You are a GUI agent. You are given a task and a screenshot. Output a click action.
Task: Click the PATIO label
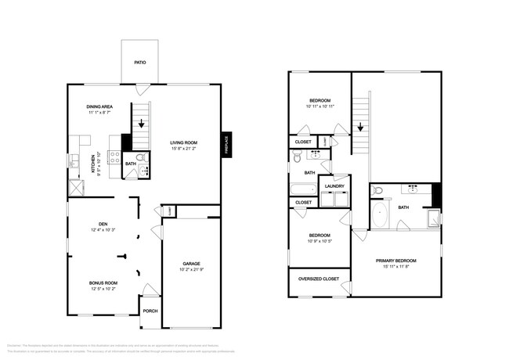coord(139,62)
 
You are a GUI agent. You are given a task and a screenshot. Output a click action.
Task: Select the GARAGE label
coord(192,264)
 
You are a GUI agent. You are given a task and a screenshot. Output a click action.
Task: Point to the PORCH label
coord(150,311)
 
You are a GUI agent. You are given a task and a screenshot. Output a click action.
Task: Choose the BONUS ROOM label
coord(102,283)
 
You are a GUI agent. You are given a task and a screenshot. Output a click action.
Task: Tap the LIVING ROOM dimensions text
coord(185,149)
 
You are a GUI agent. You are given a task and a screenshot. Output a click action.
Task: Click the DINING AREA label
coord(100,106)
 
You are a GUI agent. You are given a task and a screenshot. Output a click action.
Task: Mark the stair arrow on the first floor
coord(140,122)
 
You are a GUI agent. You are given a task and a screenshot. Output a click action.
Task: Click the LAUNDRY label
coord(335,185)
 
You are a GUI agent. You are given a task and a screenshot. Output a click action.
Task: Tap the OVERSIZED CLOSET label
coord(319,278)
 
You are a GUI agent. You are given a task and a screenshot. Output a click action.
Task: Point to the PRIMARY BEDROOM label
coord(395,260)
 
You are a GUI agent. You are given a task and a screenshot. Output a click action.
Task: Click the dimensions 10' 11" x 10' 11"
coord(319,106)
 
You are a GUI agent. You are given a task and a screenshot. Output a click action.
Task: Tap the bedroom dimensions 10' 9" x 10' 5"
coord(319,241)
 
